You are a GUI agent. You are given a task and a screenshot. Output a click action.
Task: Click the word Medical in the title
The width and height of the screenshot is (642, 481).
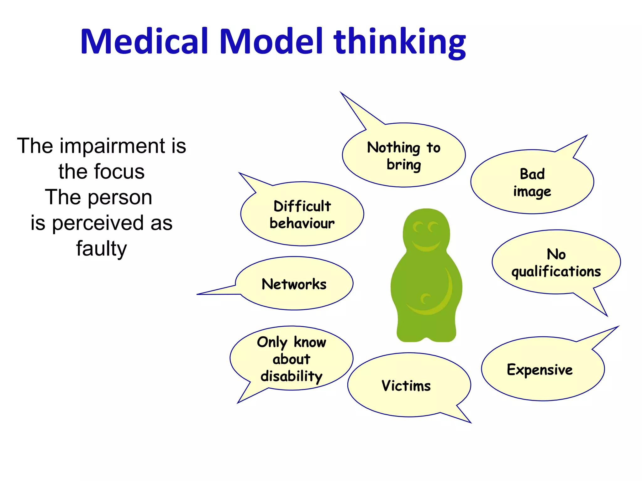pos(144,42)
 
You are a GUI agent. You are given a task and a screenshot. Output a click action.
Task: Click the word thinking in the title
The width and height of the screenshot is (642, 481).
pos(400,42)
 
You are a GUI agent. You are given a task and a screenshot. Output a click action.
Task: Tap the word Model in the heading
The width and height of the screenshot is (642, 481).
pos(271,42)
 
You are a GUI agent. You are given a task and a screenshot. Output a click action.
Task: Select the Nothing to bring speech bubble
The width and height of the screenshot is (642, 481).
pos(404,156)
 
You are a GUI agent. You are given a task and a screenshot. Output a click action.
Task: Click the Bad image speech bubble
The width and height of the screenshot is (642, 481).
pos(532,182)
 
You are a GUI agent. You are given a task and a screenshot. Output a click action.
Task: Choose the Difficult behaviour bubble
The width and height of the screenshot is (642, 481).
pos(302,214)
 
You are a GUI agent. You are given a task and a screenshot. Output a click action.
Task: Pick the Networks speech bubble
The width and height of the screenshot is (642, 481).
pos(294,284)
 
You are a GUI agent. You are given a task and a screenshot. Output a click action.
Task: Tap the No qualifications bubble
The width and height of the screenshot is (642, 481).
pos(556,262)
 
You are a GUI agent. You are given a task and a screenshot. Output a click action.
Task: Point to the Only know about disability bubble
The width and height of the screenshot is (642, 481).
pos(292,359)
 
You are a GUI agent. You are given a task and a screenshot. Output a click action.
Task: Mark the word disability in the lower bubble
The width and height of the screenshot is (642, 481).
pos(292,376)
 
